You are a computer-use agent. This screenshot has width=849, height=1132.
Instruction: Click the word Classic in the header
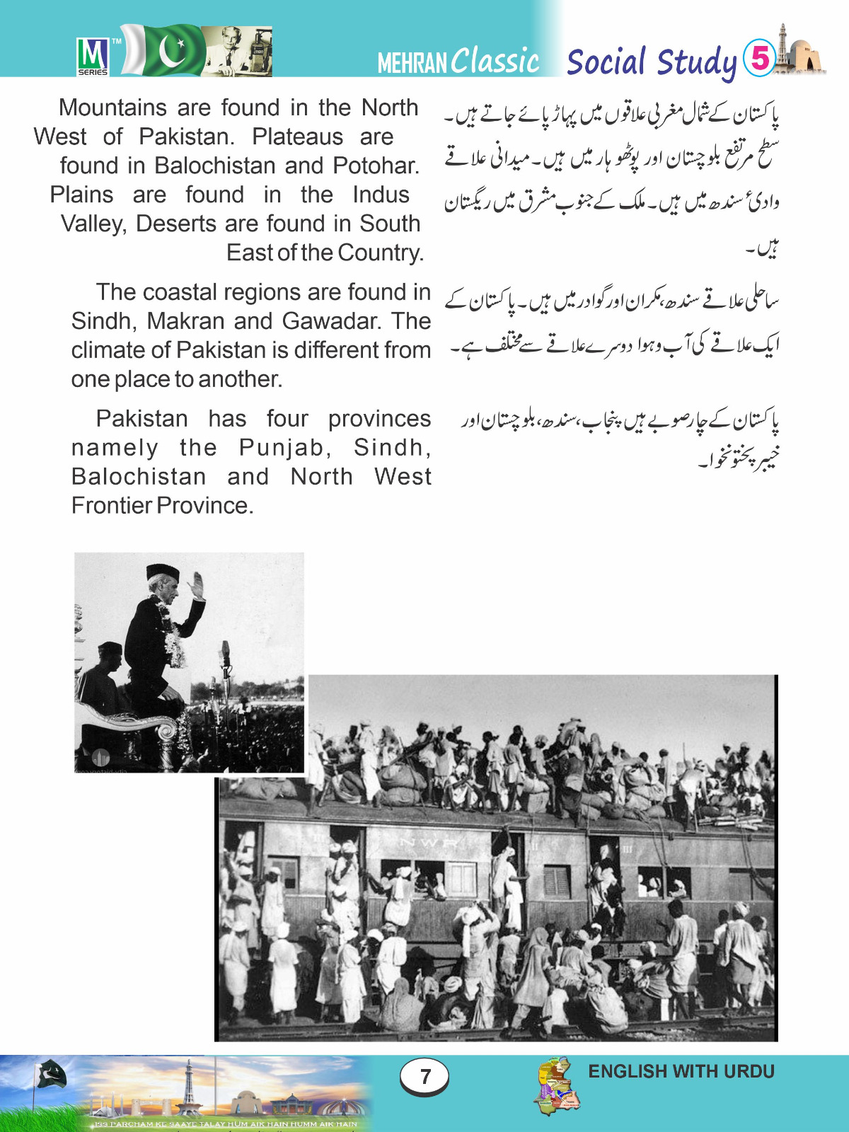point(496,61)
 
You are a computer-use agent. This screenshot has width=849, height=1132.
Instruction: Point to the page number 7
point(424,1076)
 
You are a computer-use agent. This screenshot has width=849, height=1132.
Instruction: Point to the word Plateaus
point(297,137)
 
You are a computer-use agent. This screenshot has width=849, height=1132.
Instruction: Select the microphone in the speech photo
point(226,649)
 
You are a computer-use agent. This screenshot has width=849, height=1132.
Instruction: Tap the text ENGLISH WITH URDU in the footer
point(681,1071)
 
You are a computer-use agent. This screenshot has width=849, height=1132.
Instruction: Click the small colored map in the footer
point(558,1086)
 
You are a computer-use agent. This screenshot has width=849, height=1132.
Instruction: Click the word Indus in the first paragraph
point(381,195)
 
